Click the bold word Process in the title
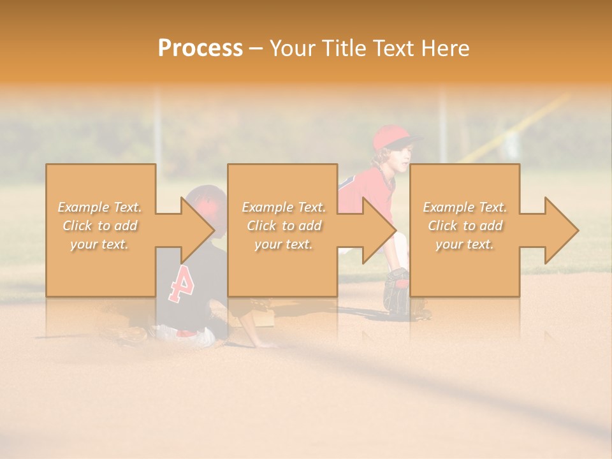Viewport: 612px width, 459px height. tap(200, 48)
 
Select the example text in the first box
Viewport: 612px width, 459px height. tap(100, 226)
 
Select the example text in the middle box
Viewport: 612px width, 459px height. tap(284, 226)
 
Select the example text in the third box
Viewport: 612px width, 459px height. tap(465, 226)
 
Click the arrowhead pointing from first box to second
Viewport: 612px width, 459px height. tap(198, 230)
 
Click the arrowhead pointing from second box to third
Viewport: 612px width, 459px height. tap(380, 230)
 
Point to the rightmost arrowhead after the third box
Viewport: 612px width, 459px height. tap(561, 230)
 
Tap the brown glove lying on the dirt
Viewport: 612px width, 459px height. tap(132, 335)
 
